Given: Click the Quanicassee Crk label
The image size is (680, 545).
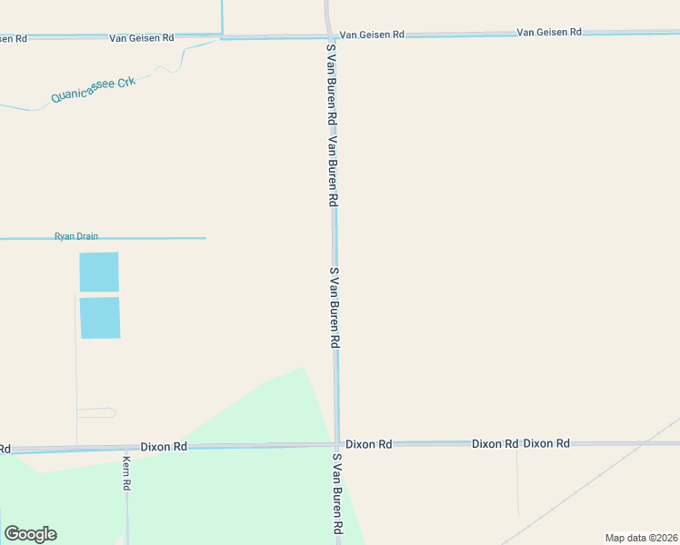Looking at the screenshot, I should [94, 88].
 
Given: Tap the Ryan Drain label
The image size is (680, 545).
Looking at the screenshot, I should [76, 236].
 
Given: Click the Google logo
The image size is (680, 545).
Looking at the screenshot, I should [30, 534].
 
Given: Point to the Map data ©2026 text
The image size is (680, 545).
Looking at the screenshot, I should [641, 537].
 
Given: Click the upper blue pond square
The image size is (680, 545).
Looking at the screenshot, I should [99, 272].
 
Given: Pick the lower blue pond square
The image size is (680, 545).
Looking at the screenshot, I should [100, 318].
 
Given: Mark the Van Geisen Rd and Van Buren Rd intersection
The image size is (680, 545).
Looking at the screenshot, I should [329, 36].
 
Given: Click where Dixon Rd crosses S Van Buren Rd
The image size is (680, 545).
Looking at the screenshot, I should [336, 444].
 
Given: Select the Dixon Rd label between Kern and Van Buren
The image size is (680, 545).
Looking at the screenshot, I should [164, 447].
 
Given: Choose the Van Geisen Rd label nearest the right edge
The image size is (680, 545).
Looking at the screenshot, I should [549, 32].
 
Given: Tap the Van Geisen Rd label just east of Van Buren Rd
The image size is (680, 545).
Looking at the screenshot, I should [372, 35].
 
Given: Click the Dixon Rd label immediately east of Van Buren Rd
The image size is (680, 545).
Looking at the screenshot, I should [369, 444].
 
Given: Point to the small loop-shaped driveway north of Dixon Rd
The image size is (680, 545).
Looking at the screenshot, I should [96, 412].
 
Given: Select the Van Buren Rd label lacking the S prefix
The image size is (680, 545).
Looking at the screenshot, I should [334, 173].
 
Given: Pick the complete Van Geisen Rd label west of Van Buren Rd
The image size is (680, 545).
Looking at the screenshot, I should [141, 38].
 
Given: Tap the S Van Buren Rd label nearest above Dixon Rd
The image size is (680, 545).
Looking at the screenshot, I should [335, 308].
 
